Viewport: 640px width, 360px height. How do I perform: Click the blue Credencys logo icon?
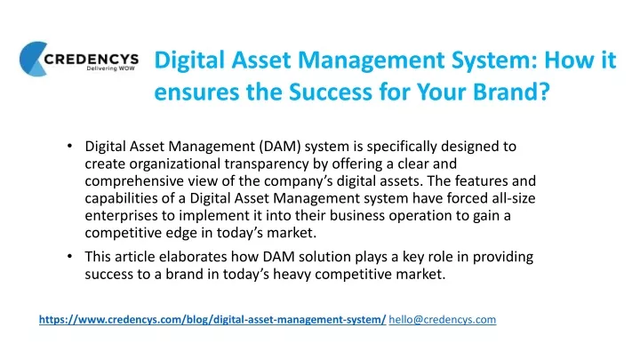(33, 59)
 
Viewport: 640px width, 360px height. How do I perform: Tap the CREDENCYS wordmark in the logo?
(92, 60)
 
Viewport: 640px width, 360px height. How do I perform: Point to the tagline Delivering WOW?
(110, 68)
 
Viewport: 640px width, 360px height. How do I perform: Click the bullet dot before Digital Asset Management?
(70, 146)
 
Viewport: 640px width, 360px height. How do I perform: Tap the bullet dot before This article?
(70, 256)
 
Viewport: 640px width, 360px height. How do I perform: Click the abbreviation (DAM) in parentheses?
(280, 146)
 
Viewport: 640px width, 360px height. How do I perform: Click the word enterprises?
(116, 215)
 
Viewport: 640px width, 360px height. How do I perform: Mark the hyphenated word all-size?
(512, 198)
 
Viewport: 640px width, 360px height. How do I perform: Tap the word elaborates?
(193, 257)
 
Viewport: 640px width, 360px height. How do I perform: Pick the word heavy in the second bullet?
(292, 275)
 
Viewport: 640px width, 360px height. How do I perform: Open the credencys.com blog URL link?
(212, 320)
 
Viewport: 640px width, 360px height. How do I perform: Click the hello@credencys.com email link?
(443, 320)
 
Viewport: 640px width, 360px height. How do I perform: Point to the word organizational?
(175, 164)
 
